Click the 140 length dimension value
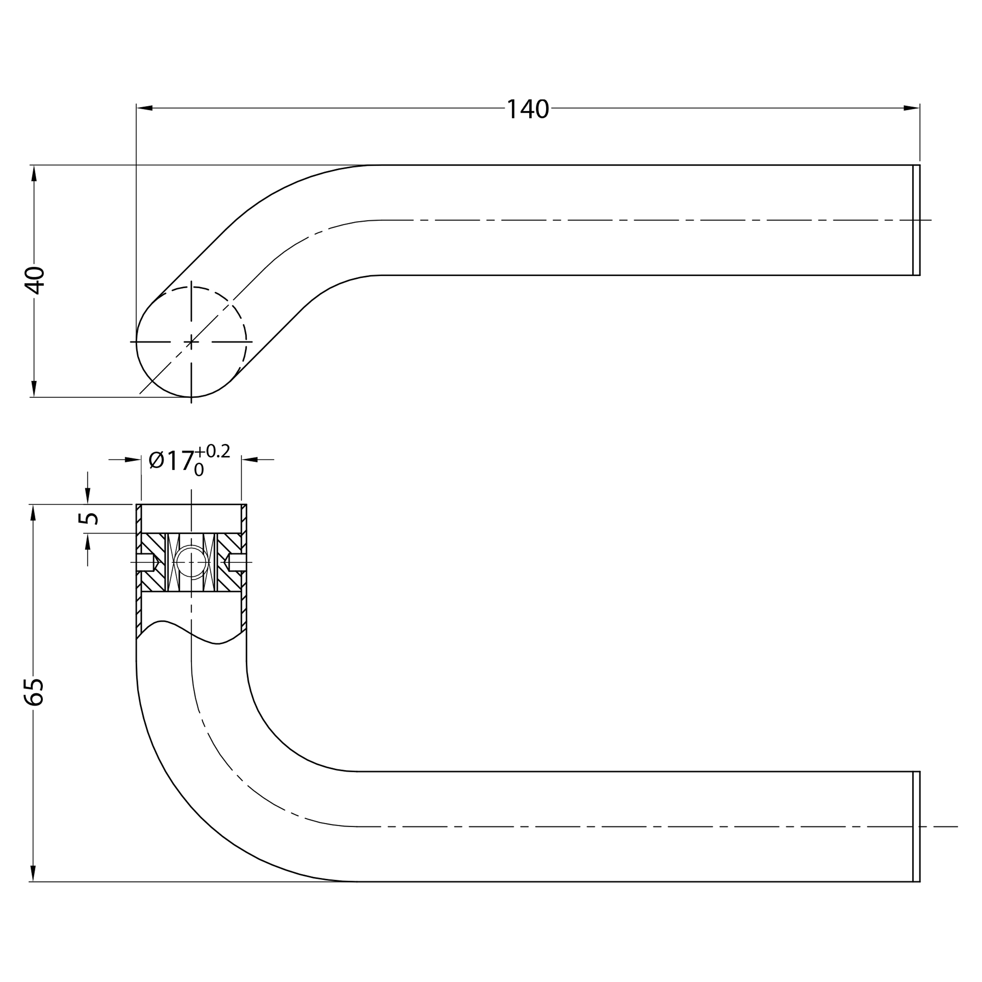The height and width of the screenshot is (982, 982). point(528,109)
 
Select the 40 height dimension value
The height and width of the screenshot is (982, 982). point(35,280)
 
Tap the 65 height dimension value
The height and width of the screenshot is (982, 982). point(35,691)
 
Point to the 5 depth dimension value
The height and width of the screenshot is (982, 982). point(88,518)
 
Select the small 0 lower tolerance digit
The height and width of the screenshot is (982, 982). point(199,471)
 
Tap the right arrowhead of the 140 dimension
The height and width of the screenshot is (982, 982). point(911,108)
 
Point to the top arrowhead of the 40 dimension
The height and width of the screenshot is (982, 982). point(34,173)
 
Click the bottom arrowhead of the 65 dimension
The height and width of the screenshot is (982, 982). point(33,873)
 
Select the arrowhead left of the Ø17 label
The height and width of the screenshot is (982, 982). point(133,460)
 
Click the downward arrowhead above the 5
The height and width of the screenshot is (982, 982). point(88,496)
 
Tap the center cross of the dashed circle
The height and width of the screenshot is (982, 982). point(191,342)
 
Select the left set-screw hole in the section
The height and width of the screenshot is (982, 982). point(145,562)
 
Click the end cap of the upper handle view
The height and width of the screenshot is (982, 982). point(916,220)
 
